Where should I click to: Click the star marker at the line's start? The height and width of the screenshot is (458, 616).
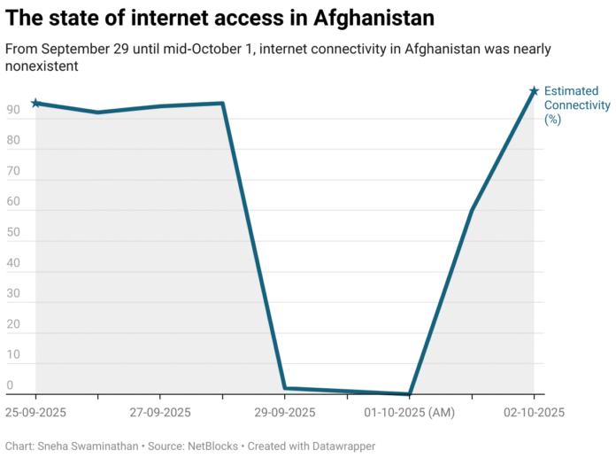(35, 104)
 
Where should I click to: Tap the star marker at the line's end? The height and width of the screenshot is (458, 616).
(534, 91)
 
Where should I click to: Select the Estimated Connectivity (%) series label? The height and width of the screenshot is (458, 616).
(576, 105)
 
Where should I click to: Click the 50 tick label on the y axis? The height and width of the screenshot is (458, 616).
(13, 233)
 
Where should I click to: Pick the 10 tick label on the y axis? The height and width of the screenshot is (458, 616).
(13, 355)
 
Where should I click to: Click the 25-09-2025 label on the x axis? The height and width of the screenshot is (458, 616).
(35, 413)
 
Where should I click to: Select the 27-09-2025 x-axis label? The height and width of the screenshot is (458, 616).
(159, 413)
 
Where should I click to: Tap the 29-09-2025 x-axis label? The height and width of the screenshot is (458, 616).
(284, 413)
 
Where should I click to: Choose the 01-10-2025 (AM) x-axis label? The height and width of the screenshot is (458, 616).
(409, 413)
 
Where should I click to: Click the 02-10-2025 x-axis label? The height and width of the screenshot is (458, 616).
(534, 413)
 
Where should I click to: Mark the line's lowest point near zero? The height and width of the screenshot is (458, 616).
(410, 393)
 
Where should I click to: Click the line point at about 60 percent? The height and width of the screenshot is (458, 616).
(472, 211)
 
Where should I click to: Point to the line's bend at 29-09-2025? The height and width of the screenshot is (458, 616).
(284, 387)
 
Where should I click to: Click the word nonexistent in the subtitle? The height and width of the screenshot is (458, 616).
(42, 66)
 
